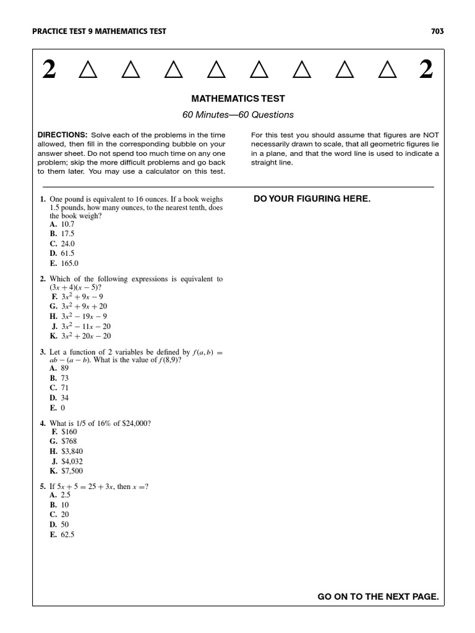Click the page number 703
pos(437,32)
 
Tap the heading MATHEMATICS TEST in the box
pos(238,98)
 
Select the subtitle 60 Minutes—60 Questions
pos(238,114)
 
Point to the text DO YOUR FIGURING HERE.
pos(312,198)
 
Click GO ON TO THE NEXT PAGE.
pos(378,597)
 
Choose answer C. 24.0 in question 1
pos(62,244)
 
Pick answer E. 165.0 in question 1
pos(64,263)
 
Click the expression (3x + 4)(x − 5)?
pos(75,287)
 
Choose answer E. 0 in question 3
pos(58,408)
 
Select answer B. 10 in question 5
pos(59,504)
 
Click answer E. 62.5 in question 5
pos(62,535)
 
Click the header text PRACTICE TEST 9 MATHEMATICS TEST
pos(98,32)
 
